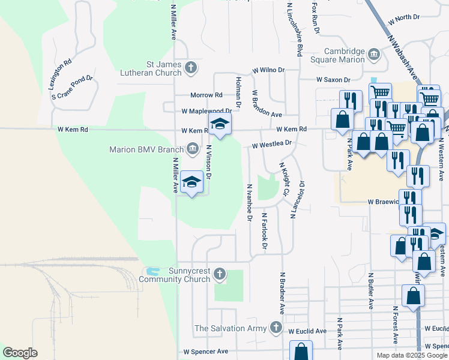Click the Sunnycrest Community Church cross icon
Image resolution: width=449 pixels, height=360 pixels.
coord(220,274)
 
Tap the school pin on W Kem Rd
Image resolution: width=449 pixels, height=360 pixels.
coord(220,125)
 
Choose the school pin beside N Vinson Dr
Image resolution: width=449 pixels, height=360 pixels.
coord(191,182)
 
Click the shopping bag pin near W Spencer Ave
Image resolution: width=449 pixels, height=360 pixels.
coord(301,352)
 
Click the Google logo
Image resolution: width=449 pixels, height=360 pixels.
coord(20,353)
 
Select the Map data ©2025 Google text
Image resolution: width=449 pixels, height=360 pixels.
coord(411,355)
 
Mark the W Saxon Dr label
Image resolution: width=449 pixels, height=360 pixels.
coord(333,80)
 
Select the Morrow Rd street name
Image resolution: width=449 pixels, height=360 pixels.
coord(206,95)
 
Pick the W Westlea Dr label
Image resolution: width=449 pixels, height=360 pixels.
coord(271,145)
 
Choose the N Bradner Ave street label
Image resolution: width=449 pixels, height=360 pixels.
coord(282,292)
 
